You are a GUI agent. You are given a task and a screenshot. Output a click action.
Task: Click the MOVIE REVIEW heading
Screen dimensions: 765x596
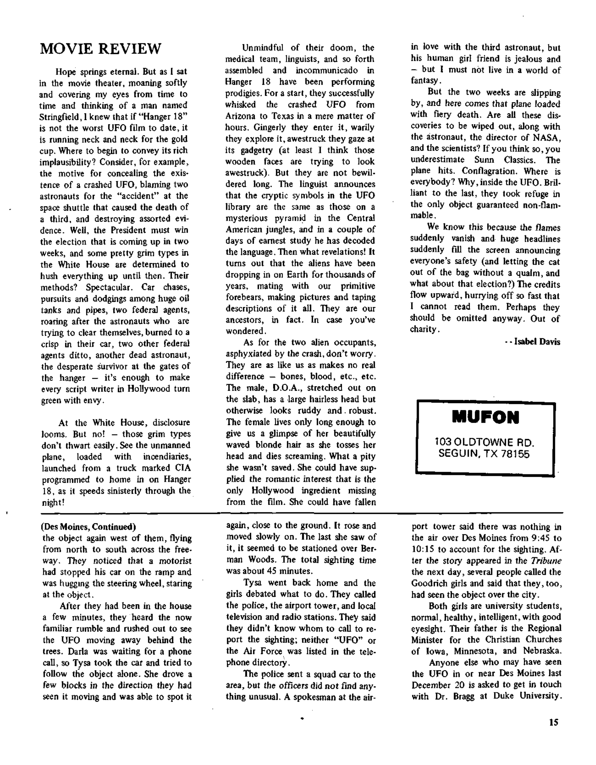[101, 49]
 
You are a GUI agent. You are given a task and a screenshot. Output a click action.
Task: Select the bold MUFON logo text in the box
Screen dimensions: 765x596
[485, 418]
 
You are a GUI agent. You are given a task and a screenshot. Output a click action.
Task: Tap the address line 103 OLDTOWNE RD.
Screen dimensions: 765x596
[484, 442]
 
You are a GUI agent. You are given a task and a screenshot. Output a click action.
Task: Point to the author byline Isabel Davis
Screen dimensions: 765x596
[537, 342]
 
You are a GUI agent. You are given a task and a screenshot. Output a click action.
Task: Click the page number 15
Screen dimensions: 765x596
[554, 722]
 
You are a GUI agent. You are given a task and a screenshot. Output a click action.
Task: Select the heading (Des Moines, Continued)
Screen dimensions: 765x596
[89, 527]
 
